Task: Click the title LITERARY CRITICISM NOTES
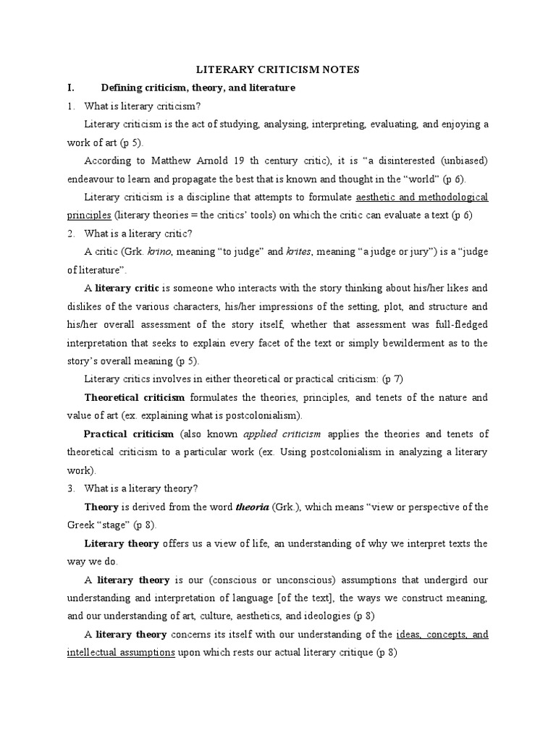click(x=278, y=69)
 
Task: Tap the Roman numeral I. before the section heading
click(x=71, y=88)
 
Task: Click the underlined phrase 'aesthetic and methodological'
click(x=421, y=197)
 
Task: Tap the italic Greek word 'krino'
click(x=160, y=252)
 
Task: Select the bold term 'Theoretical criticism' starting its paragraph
click(x=135, y=397)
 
